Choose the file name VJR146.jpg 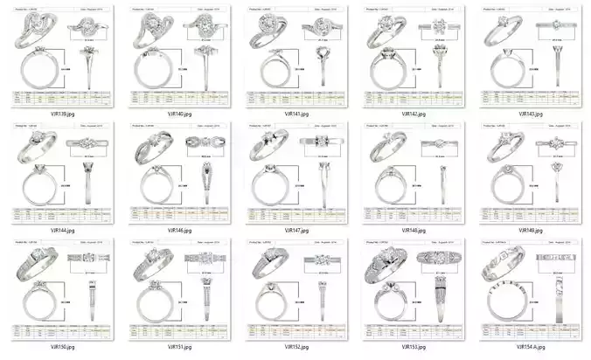coord(177,231)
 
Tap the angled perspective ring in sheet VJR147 coord(267,146)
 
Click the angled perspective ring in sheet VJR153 coord(383,262)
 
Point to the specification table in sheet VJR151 coord(177,329)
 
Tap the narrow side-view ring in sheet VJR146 coord(206,183)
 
